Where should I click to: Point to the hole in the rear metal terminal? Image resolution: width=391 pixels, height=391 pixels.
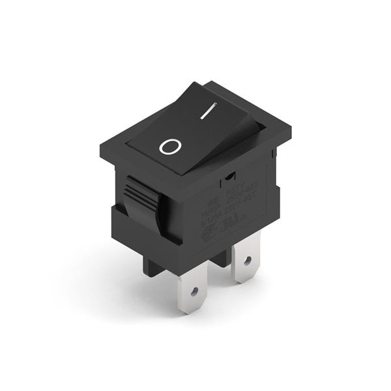(x=246, y=260)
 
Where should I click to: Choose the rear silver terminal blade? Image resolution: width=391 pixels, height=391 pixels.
(x=246, y=257)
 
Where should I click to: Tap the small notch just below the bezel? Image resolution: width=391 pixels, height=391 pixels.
(x=229, y=175)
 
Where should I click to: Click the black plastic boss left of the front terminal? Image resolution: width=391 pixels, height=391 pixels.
(x=153, y=267)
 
